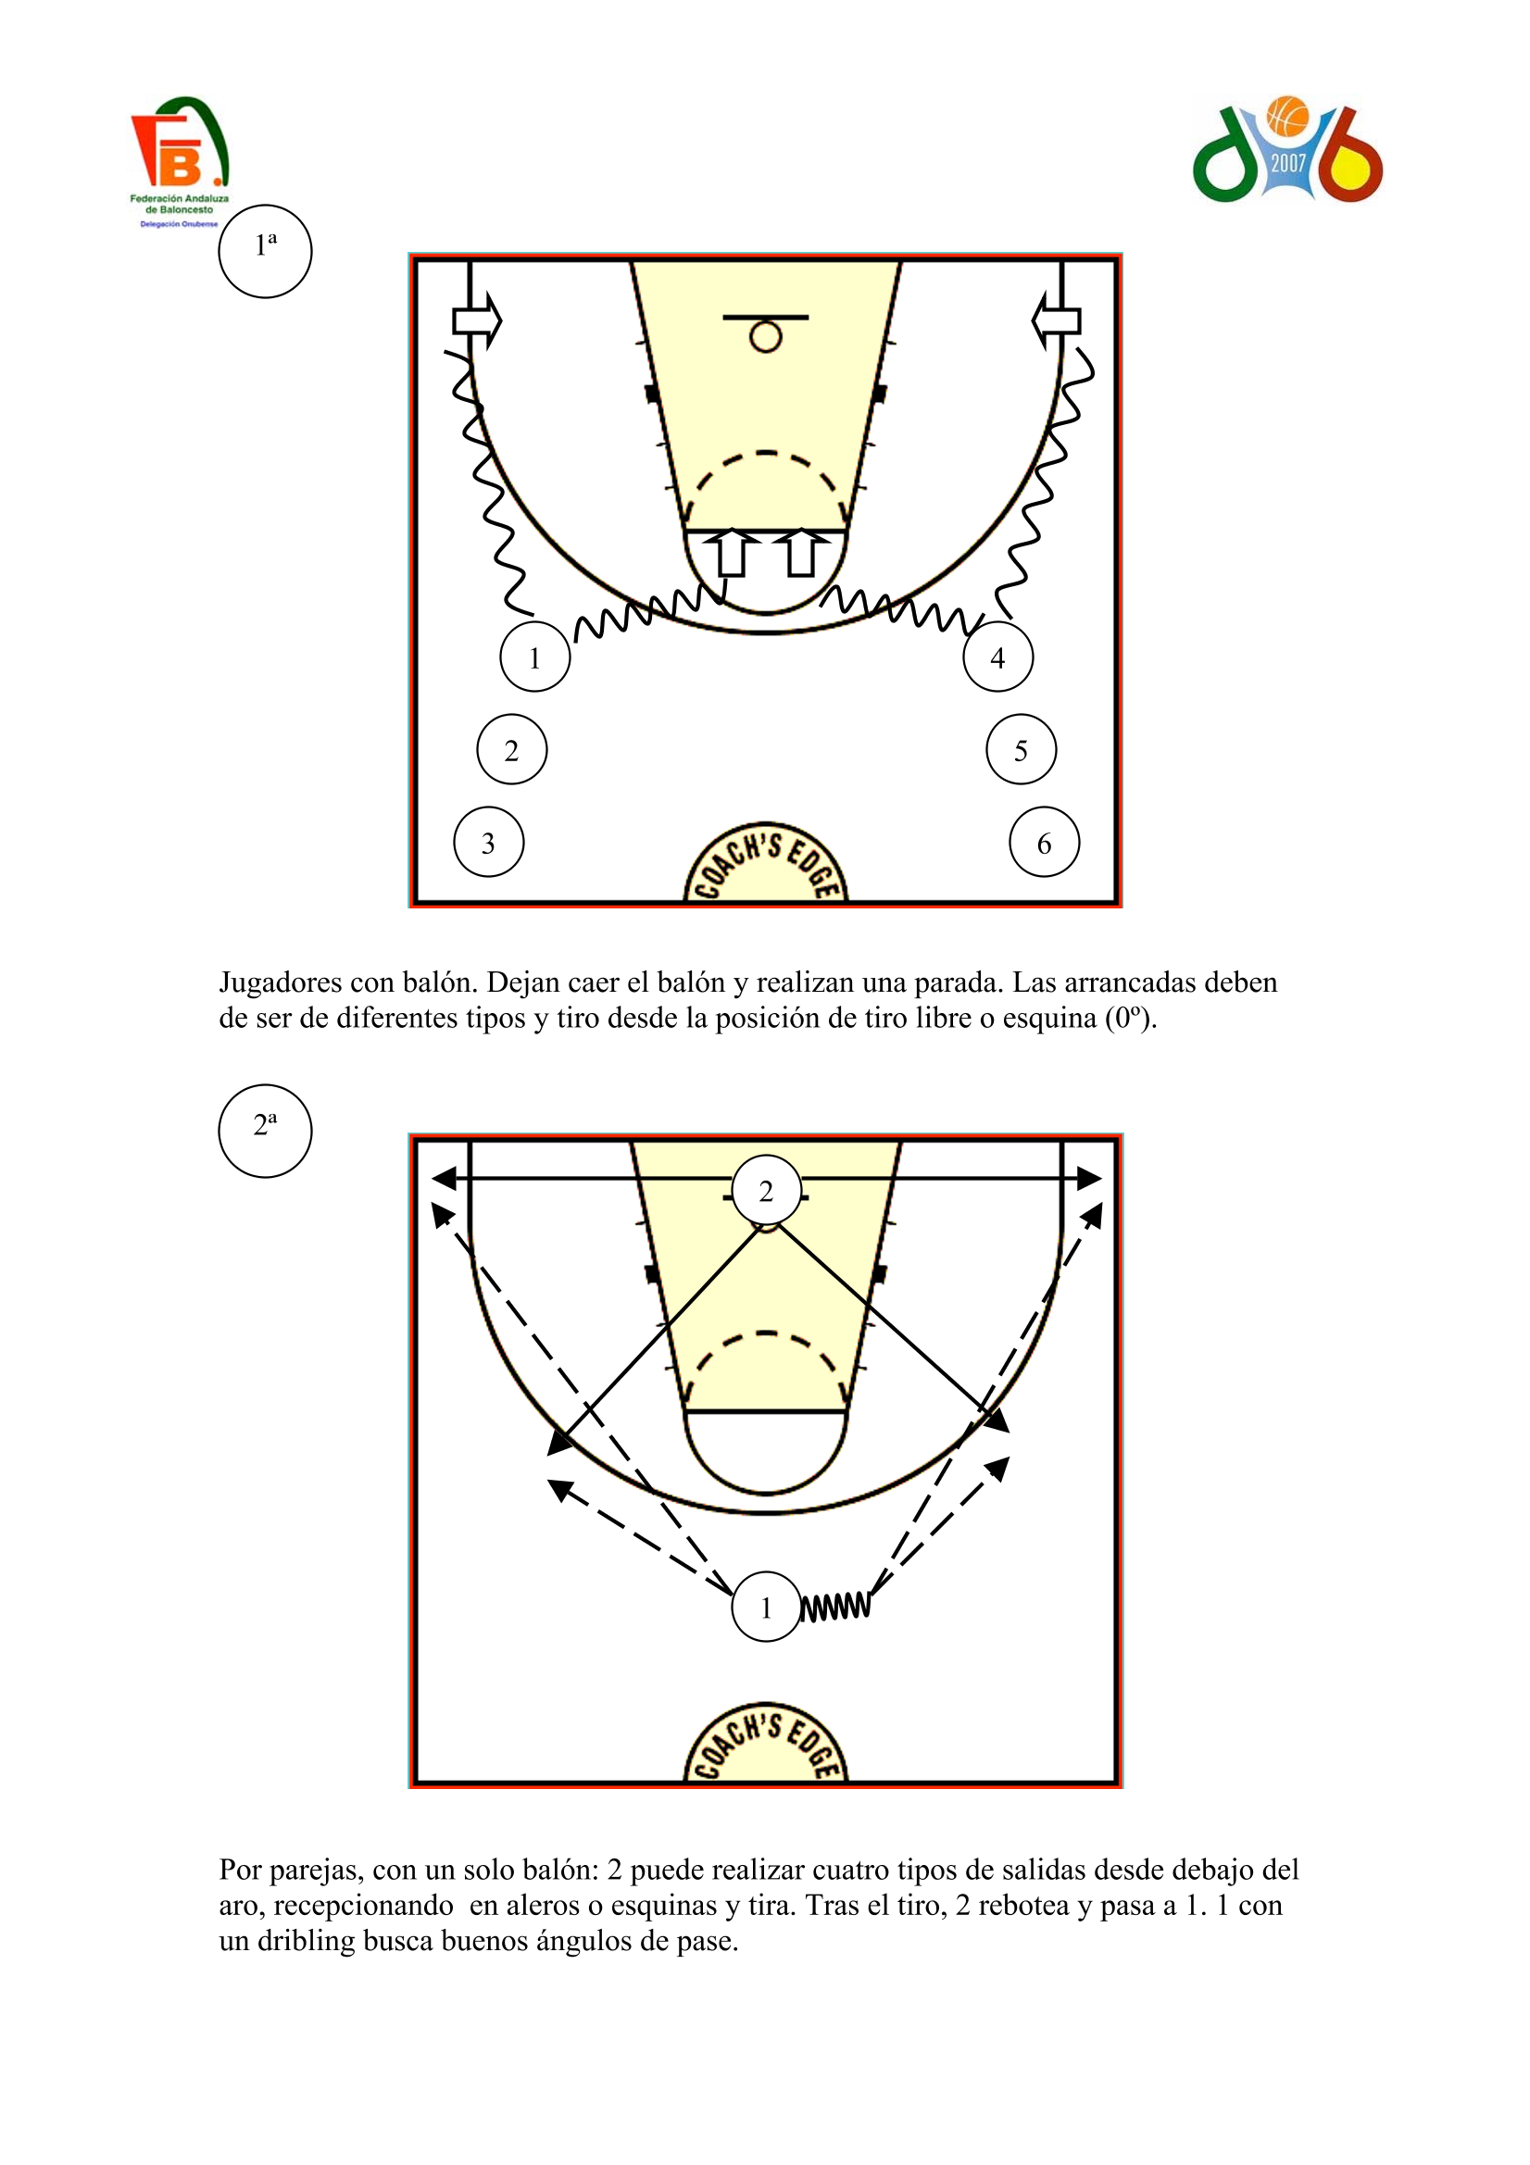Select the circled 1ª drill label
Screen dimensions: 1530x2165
(x=265, y=251)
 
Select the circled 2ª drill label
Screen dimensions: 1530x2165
(x=265, y=1130)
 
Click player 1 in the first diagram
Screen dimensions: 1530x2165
(x=534, y=657)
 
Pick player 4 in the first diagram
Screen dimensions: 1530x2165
(x=998, y=657)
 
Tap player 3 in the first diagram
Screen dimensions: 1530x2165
(x=489, y=842)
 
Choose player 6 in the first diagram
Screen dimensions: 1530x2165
(x=1044, y=842)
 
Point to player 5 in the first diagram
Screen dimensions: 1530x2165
(x=1021, y=750)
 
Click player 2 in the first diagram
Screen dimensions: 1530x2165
(x=511, y=750)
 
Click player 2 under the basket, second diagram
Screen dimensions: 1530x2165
(x=766, y=1191)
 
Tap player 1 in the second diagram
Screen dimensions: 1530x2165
(x=766, y=1607)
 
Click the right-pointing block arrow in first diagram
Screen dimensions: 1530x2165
(x=477, y=321)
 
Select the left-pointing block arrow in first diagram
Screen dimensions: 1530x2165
(x=1056, y=321)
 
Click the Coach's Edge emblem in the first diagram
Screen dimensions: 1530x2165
(x=765, y=863)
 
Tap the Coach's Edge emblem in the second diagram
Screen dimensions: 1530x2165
(x=765, y=1743)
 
